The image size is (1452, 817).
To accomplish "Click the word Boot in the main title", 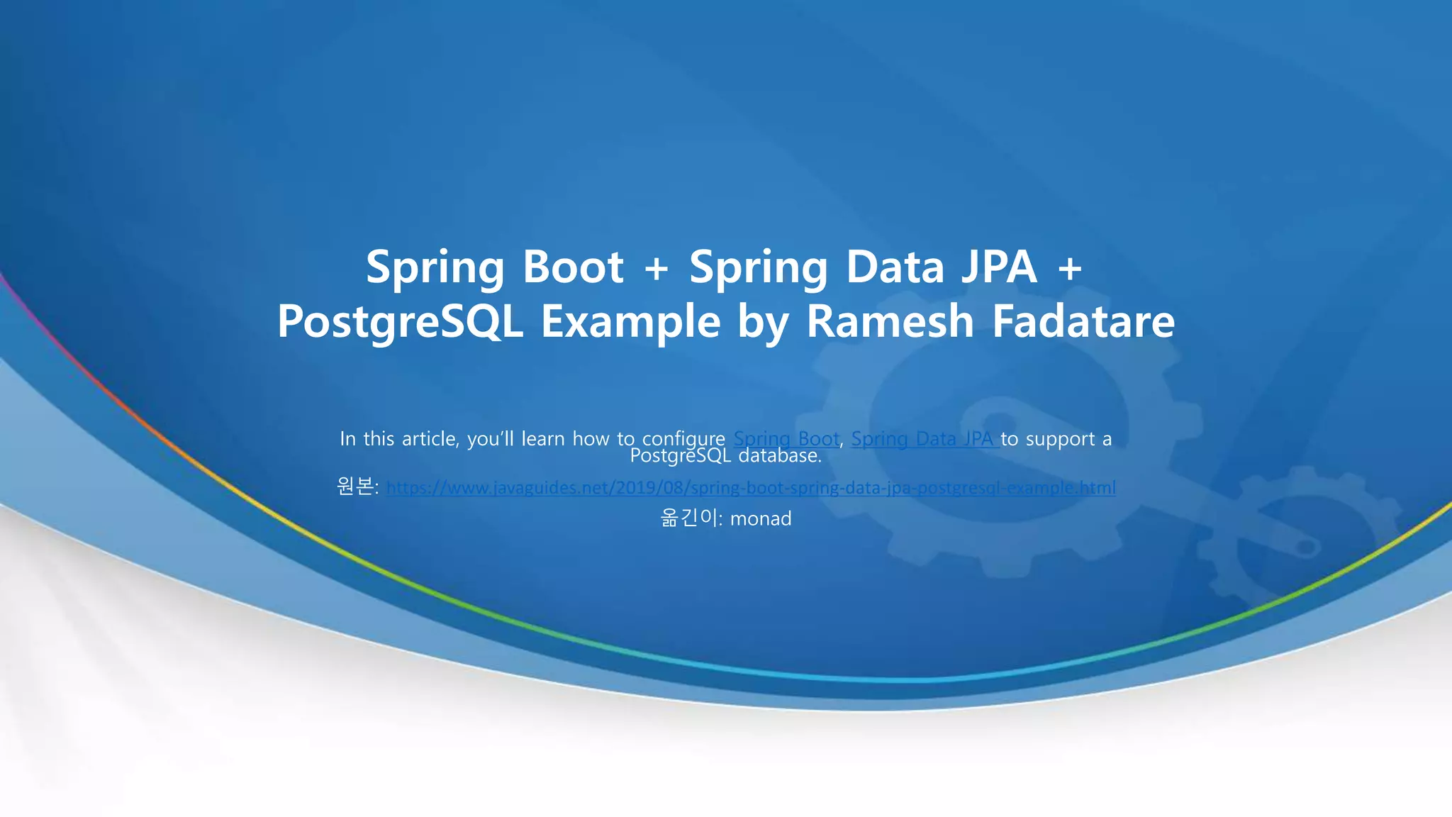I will [573, 267].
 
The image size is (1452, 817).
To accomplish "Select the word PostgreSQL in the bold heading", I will [400, 322].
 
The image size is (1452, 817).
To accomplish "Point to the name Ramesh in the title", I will [890, 322].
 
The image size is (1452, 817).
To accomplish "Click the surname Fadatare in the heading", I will [1083, 322].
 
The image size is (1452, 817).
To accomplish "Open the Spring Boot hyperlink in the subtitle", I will [786, 439].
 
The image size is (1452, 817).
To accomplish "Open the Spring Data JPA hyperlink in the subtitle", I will [925, 439].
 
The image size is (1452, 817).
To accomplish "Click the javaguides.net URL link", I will [751, 488].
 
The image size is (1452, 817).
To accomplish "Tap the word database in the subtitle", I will [779, 456].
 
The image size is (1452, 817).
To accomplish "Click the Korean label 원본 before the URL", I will [354, 487].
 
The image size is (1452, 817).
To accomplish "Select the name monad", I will [761, 519].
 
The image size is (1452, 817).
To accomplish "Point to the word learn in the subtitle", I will [543, 439].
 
